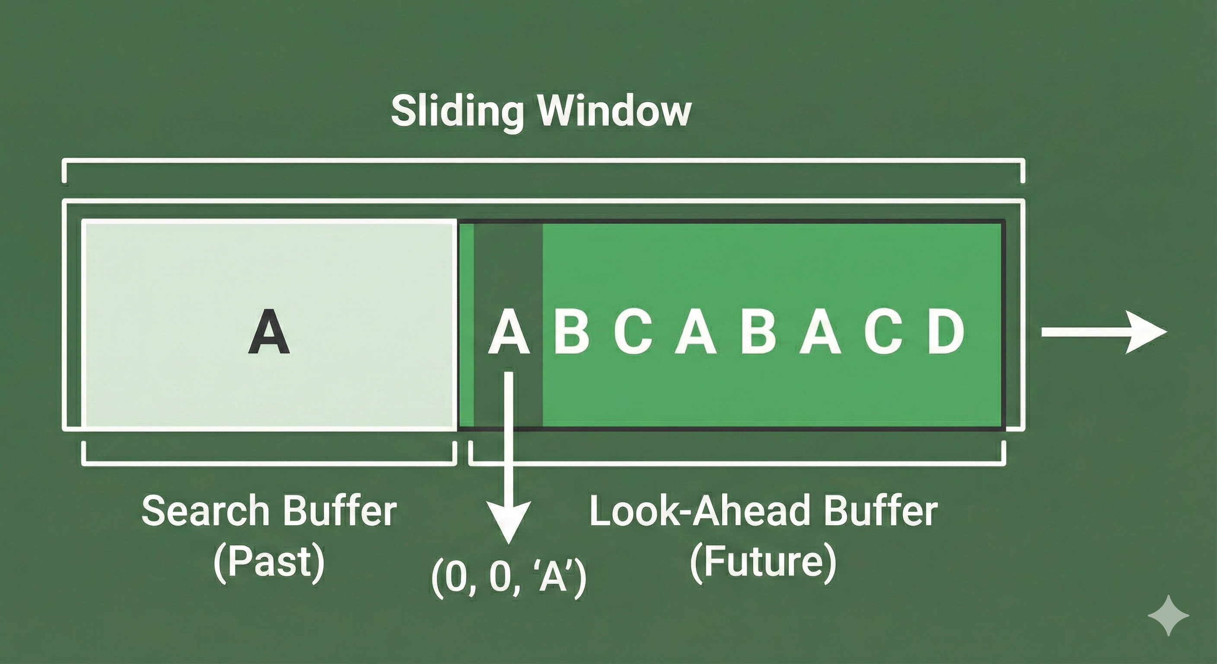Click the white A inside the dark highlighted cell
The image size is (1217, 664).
(x=508, y=332)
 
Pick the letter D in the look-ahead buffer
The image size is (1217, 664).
(x=945, y=332)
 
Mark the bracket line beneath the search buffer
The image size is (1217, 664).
(x=269, y=464)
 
